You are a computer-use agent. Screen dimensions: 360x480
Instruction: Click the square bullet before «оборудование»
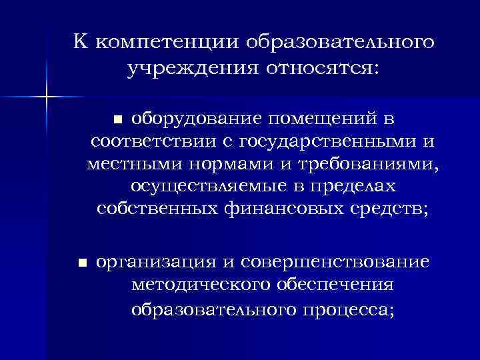117,120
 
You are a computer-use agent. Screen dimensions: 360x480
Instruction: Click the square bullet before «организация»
81,263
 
